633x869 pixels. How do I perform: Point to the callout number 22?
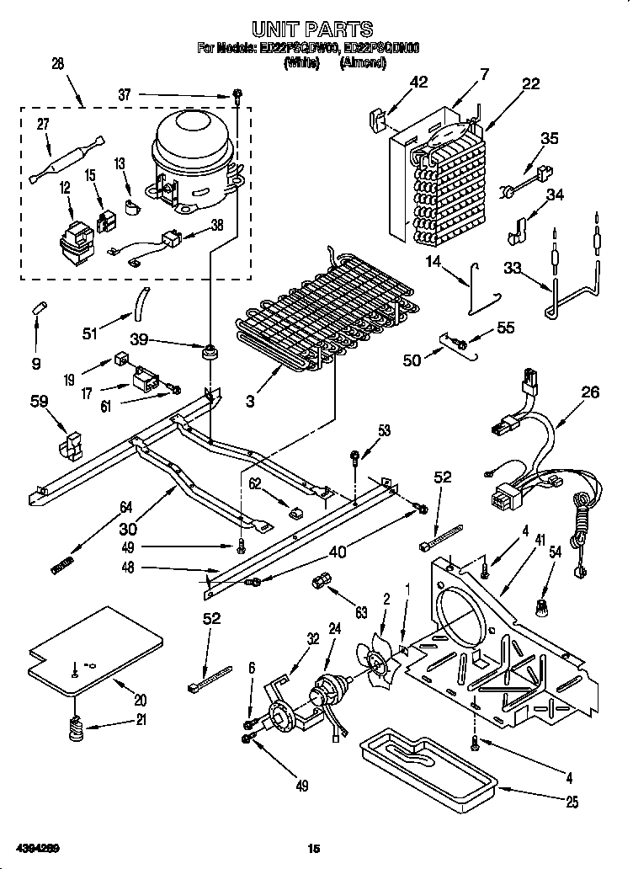coord(530,83)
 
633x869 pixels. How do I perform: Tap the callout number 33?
coord(511,269)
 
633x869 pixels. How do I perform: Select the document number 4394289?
coord(35,845)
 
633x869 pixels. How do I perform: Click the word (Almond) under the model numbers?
coord(364,62)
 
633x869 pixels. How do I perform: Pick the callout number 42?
coord(418,83)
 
